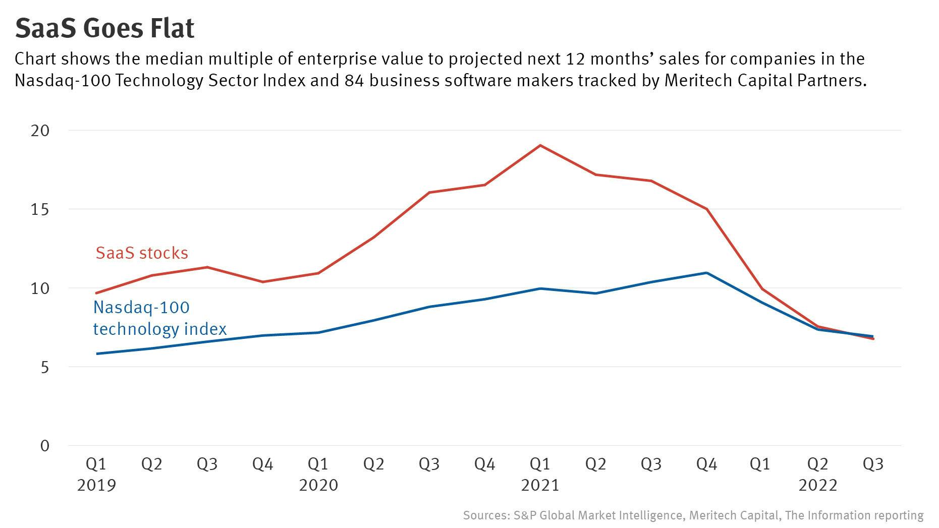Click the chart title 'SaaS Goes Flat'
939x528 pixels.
pyautogui.click(x=104, y=28)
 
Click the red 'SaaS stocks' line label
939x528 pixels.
pyautogui.click(x=142, y=253)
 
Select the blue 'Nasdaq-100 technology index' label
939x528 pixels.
pyautogui.click(x=159, y=318)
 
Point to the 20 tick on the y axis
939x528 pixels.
pyautogui.click(x=40, y=131)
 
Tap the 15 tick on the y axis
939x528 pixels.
pyautogui.click(x=40, y=209)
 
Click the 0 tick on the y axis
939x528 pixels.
pyautogui.click(x=45, y=446)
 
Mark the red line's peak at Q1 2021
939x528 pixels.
pyautogui.click(x=540, y=145)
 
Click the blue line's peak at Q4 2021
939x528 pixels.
pyautogui.click(x=706, y=273)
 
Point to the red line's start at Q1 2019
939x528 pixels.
pyautogui.click(x=96, y=293)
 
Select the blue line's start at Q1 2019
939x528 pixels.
pyautogui.click(x=96, y=354)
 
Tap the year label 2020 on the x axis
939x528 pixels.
pyautogui.click(x=318, y=485)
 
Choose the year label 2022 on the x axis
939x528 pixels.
pyautogui.click(x=817, y=485)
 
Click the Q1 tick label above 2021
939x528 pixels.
pyautogui.click(x=540, y=463)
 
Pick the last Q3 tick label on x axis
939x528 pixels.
pyautogui.click(x=873, y=463)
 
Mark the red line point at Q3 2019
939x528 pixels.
pyautogui.click(x=207, y=267)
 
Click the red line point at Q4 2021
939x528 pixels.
pyautogui.click(x=706, y=209)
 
